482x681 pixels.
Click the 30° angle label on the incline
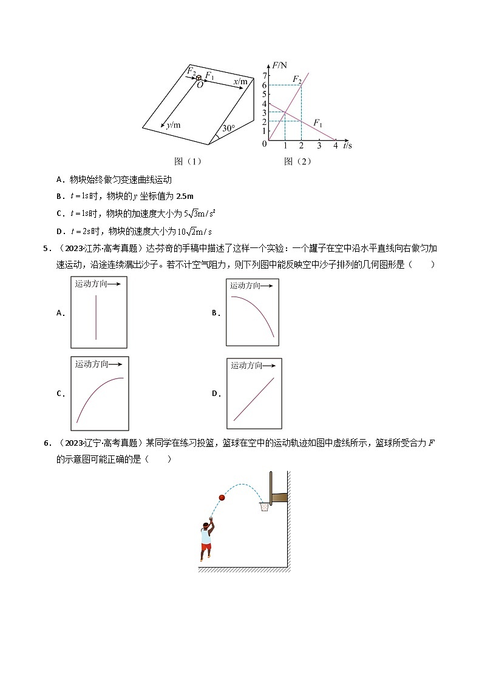(228, 129)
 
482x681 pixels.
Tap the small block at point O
(199, 77)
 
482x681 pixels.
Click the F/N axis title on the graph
(280, 64)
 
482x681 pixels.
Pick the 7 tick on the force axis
(264, 75)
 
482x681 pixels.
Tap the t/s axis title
(347, 146)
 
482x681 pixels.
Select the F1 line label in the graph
(317, 123)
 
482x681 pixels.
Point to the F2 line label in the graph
(297, 79)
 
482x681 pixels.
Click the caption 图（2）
(297, 161)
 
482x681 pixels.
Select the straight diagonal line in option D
(254, 398)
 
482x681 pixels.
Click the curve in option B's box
(254, 310)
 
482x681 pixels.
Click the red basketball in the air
(222, 498)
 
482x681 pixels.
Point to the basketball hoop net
(264, 506)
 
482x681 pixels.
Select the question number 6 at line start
(46, 443)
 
